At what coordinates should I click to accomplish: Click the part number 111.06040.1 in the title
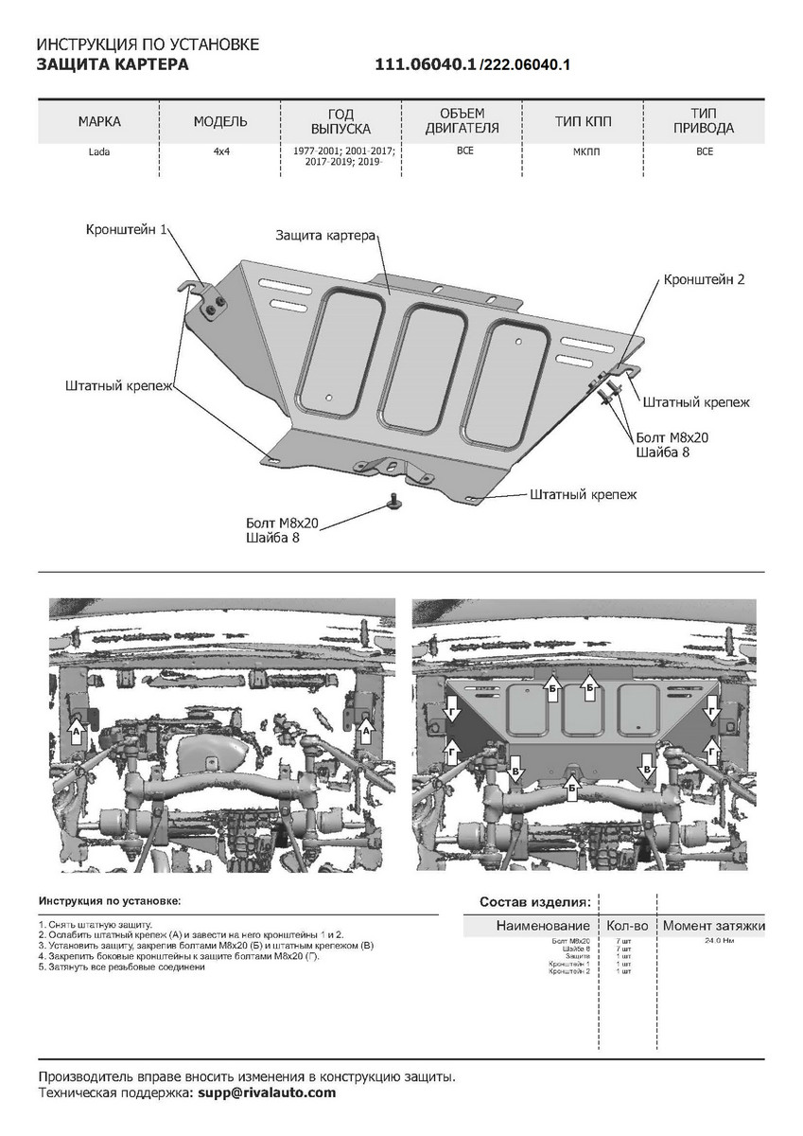click(x=426, y=64)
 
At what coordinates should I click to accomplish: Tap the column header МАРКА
click(x=100, y=122)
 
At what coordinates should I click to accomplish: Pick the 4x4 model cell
click(x=220, y=151)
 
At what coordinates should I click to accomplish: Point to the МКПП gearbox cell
click(x=584, y=151)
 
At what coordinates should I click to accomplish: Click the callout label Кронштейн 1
click(x=127, y=230)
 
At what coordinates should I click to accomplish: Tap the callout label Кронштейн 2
click(x=705, y=280)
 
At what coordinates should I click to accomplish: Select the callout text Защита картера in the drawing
click(x=326, y=235)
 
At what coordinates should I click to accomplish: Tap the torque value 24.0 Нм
click(x=719, y=942)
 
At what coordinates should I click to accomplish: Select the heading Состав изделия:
click(x=534, y=901)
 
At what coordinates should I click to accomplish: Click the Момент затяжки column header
click(x=713, y=925)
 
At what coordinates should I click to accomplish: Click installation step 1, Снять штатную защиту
click(x=96, y=923)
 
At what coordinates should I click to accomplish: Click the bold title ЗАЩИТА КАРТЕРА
click(x=112, y=64)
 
